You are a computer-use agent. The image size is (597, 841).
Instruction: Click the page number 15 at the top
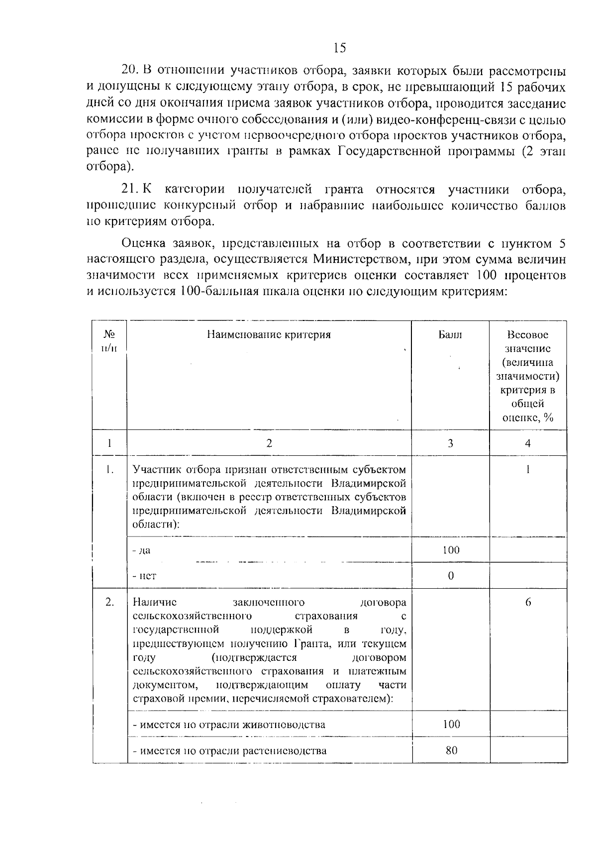pos(340,48)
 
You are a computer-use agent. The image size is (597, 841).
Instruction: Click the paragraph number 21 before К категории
pos(129,190)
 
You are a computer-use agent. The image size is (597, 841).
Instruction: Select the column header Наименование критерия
pos(269,335)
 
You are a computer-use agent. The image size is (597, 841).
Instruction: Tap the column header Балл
pos(450,335)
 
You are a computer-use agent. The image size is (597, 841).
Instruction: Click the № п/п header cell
pos(109,341)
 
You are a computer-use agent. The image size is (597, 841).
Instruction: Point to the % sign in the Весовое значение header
pos(548,418)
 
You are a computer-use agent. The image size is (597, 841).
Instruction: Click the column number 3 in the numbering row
pos(450,443)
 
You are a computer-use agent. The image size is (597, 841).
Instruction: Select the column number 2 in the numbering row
pos(269,443)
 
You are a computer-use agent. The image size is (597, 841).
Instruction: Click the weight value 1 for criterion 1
pos(528,469)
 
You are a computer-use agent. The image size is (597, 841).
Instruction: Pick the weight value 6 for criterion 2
pos(528,602)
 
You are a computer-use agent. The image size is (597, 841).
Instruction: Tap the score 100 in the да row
pos(451,550)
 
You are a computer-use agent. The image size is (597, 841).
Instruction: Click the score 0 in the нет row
pos(451,576)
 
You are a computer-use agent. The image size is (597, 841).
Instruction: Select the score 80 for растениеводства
pos(451,750)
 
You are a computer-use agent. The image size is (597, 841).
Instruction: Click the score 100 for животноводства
pos(451,724)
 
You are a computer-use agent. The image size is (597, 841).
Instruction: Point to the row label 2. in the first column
pos(109,602)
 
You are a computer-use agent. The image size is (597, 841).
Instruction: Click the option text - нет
pos(144,576)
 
